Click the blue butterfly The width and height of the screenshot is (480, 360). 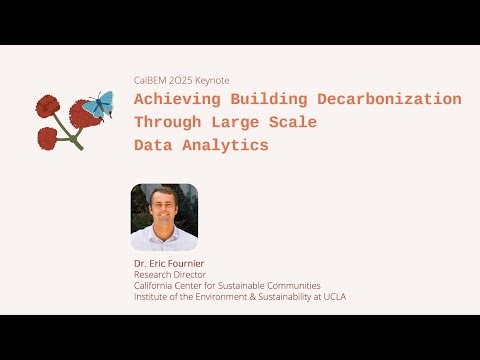coord(99,104)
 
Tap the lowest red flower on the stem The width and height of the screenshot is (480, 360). coord(47,136)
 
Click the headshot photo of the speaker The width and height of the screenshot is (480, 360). coord(164,217)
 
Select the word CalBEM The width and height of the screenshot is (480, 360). coord(149,80)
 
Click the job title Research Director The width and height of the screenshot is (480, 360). coord(170,275)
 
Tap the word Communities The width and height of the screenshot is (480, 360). coord(296,286)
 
